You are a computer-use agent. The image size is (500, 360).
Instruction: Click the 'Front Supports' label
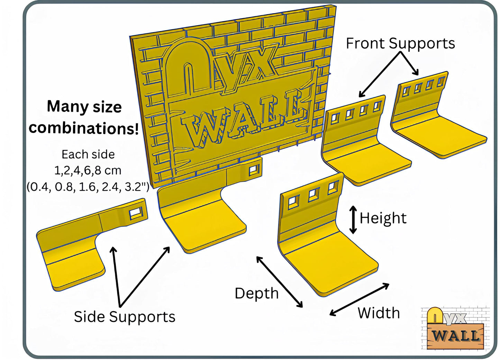coord(400,44)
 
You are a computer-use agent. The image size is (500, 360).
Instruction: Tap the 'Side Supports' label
coord(125,317)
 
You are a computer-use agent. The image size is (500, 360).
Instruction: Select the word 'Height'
coord(383,218)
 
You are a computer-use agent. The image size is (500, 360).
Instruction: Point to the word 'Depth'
coord(256,293)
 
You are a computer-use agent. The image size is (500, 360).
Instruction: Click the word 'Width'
coord(379,313)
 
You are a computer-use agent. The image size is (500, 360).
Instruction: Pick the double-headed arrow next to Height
coord(353,219)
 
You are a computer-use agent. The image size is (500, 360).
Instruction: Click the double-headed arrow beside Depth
coord(279,282)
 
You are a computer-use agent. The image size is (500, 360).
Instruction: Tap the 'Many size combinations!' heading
coord(84,117)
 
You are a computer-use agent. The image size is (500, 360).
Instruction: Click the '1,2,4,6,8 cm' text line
coord(88,170)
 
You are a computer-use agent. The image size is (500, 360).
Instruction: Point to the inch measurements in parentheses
coord(88,187)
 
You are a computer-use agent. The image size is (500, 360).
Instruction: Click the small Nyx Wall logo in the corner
coord(455,328)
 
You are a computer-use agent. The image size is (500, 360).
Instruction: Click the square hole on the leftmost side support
coord(135,214)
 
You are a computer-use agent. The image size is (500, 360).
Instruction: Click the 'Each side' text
coord(88,154)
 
